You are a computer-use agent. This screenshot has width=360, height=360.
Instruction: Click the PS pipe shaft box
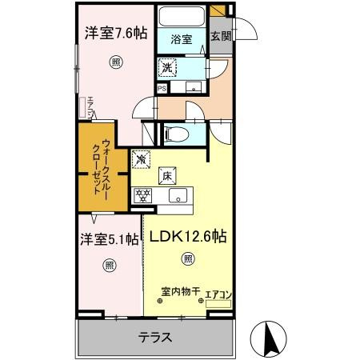point(162,89)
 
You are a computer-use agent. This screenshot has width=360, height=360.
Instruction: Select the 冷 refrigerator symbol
point(142,158)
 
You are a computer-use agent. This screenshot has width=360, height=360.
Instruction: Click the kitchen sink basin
point(179,195)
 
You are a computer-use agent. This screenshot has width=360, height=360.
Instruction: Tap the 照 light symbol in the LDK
point(187,258)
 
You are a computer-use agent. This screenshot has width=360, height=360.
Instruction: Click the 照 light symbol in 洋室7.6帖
point(116,62)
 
